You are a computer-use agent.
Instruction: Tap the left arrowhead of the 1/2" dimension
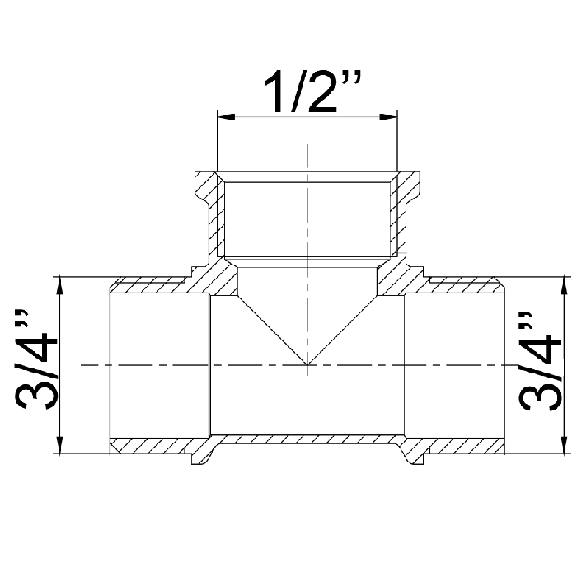click(227, 117)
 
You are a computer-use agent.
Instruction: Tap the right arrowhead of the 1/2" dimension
click(388, 117)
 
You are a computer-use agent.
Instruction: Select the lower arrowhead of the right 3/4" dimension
click(563, 445)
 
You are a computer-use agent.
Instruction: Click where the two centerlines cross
click(307, 365)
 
